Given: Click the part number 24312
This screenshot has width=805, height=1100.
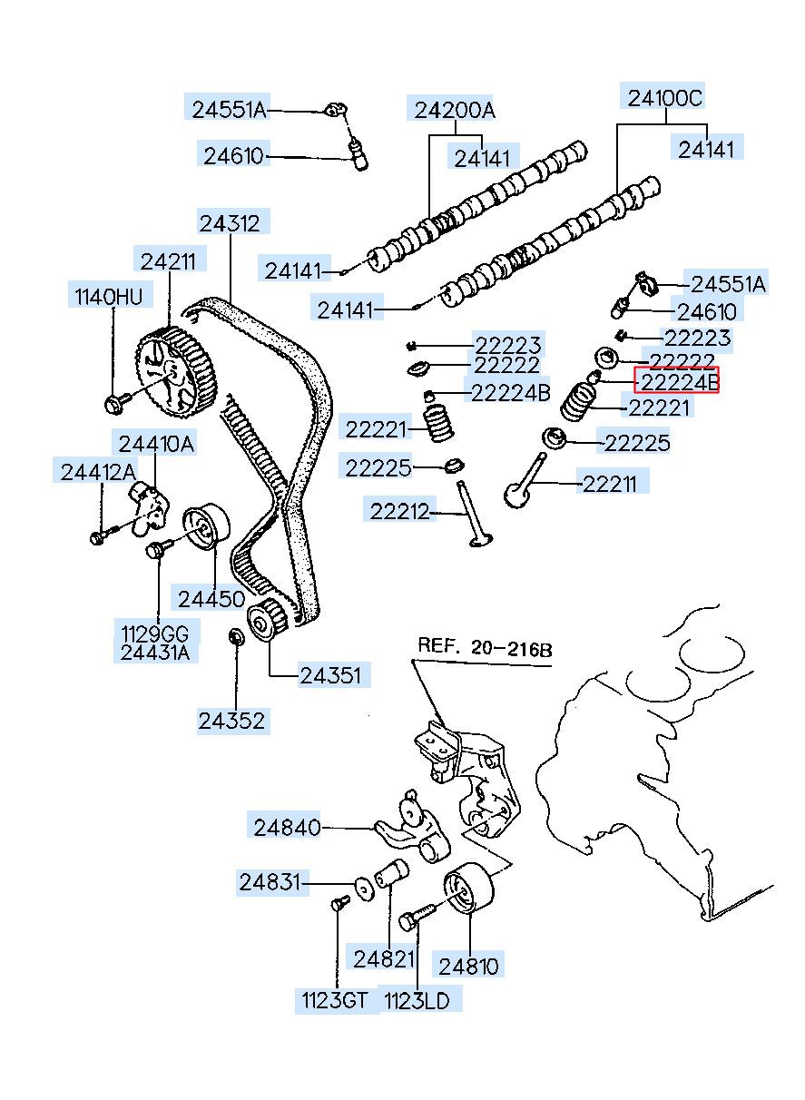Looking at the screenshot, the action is click(230, 224).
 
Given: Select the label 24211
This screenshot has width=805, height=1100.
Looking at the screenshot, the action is click(168, 261).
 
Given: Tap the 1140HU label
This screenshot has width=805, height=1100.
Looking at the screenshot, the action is click(109, 297).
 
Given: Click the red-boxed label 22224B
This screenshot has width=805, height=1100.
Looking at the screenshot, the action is click(676, 380).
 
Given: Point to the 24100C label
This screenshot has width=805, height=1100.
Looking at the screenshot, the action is click(665, 99).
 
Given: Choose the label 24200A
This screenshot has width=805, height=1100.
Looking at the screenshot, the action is click(455, 110).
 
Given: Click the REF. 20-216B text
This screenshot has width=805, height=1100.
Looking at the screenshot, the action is click(485, 648).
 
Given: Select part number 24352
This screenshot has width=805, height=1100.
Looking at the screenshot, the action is click(231, 721).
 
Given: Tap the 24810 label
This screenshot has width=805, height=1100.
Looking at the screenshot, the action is click(468, 967).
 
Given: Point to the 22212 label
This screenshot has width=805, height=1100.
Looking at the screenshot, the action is click(399, 512).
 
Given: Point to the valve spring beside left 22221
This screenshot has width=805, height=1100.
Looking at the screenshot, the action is click(438, 421).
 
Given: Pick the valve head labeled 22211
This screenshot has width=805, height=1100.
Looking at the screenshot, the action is click(517, 496).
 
